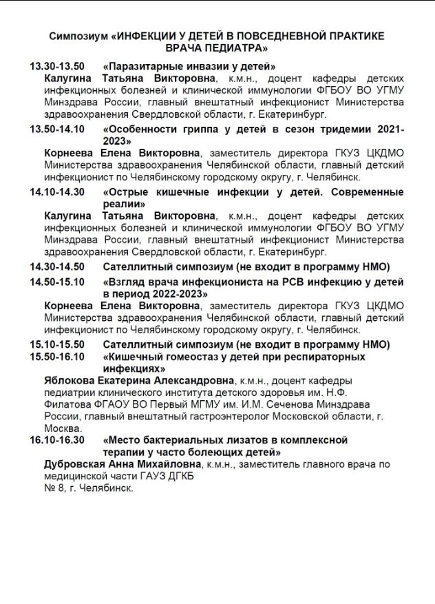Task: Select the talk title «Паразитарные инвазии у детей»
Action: pyautogui.click(x=189, y=67)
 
